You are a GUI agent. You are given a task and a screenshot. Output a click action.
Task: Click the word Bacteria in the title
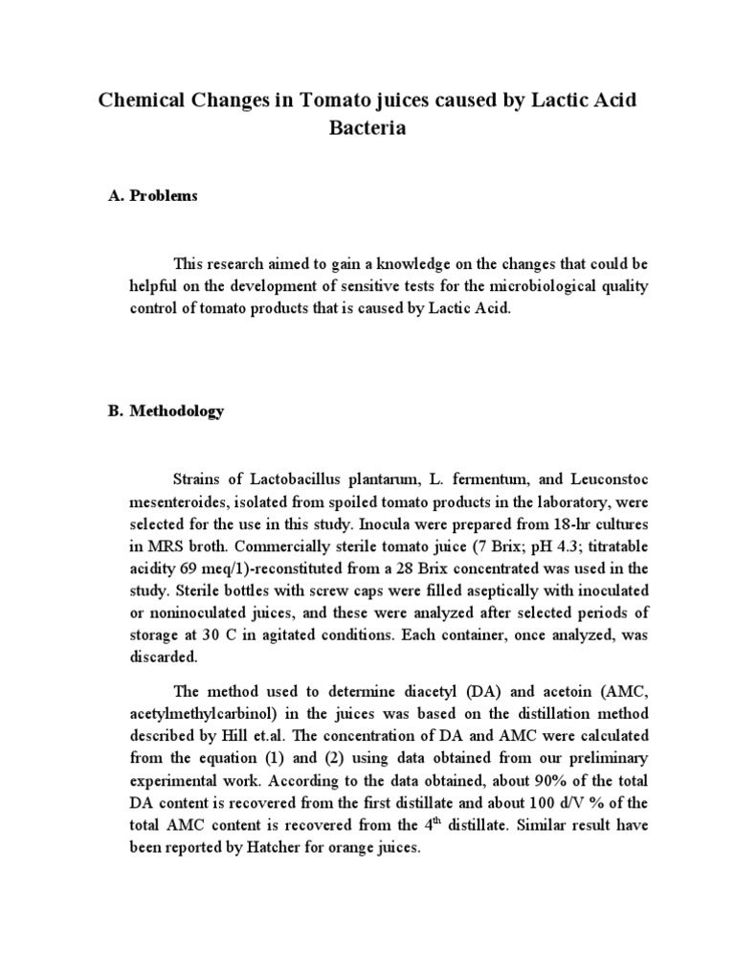click(x=367, y=129)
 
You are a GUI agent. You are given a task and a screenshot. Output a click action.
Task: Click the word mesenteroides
click(x=179, y=500)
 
